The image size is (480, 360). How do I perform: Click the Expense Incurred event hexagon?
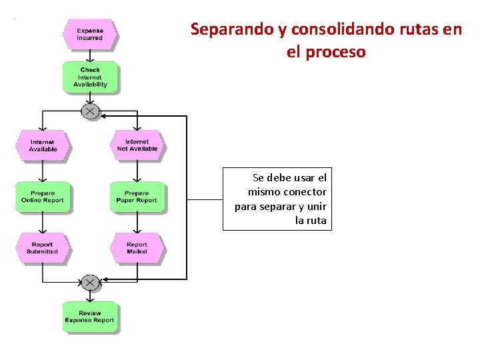[89, 35]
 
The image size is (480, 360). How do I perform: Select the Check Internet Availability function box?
[90, 77]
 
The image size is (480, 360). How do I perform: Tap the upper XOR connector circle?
[90, 111]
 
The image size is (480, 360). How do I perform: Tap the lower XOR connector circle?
[90, 283]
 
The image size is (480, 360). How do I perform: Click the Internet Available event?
[43, 145]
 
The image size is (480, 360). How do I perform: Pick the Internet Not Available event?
[137, 145]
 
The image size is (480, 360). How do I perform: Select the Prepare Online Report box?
[43, 197]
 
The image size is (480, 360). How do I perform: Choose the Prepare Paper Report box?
[137, 197]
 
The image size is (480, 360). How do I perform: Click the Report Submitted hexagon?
[43, 248]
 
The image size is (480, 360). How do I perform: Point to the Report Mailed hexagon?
[137, 248]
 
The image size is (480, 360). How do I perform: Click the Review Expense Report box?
[90, 317]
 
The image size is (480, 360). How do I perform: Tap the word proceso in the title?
[336, 52]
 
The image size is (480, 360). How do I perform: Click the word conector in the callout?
[305, 192]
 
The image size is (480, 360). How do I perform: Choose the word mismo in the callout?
[265, 192]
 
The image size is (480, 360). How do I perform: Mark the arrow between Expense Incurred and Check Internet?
[90, 55]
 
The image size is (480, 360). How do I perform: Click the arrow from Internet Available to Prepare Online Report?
[43, 171]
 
